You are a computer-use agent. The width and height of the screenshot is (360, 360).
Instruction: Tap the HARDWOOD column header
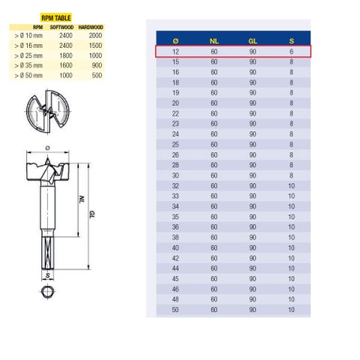[x=91, y=28]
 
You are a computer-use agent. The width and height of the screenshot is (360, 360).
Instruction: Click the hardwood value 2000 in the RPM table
[x=93, y=35]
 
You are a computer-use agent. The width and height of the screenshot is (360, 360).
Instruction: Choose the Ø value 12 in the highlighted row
[x=175, y=52]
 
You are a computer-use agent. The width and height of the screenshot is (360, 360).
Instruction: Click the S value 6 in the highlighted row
[x=292, y=52]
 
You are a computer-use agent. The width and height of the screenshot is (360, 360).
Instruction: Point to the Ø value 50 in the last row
[x=175, y=309]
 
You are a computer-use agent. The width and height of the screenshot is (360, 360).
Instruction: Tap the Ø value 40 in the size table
[x=175, y=246]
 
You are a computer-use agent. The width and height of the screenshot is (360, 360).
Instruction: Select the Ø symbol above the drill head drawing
[x=47, y=136]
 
